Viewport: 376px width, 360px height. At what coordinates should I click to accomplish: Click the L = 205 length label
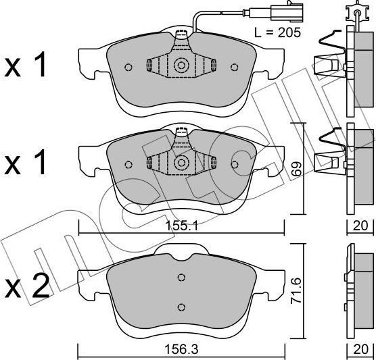point(277,32)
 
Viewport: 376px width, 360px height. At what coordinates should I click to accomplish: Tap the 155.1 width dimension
point(182,226)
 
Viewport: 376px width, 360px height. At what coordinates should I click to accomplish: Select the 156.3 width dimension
point(181,350)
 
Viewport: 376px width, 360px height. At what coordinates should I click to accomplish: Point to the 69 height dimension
point(296,169)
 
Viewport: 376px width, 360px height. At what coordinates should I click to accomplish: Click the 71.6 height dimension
point(296,291)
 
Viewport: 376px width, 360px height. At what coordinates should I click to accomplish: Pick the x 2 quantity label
point(27,286)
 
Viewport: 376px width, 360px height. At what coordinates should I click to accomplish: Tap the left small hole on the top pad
point(128,68)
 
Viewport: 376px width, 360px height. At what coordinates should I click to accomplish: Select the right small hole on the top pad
point(234,68)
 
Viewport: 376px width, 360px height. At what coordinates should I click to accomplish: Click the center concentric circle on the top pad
point(181,65)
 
